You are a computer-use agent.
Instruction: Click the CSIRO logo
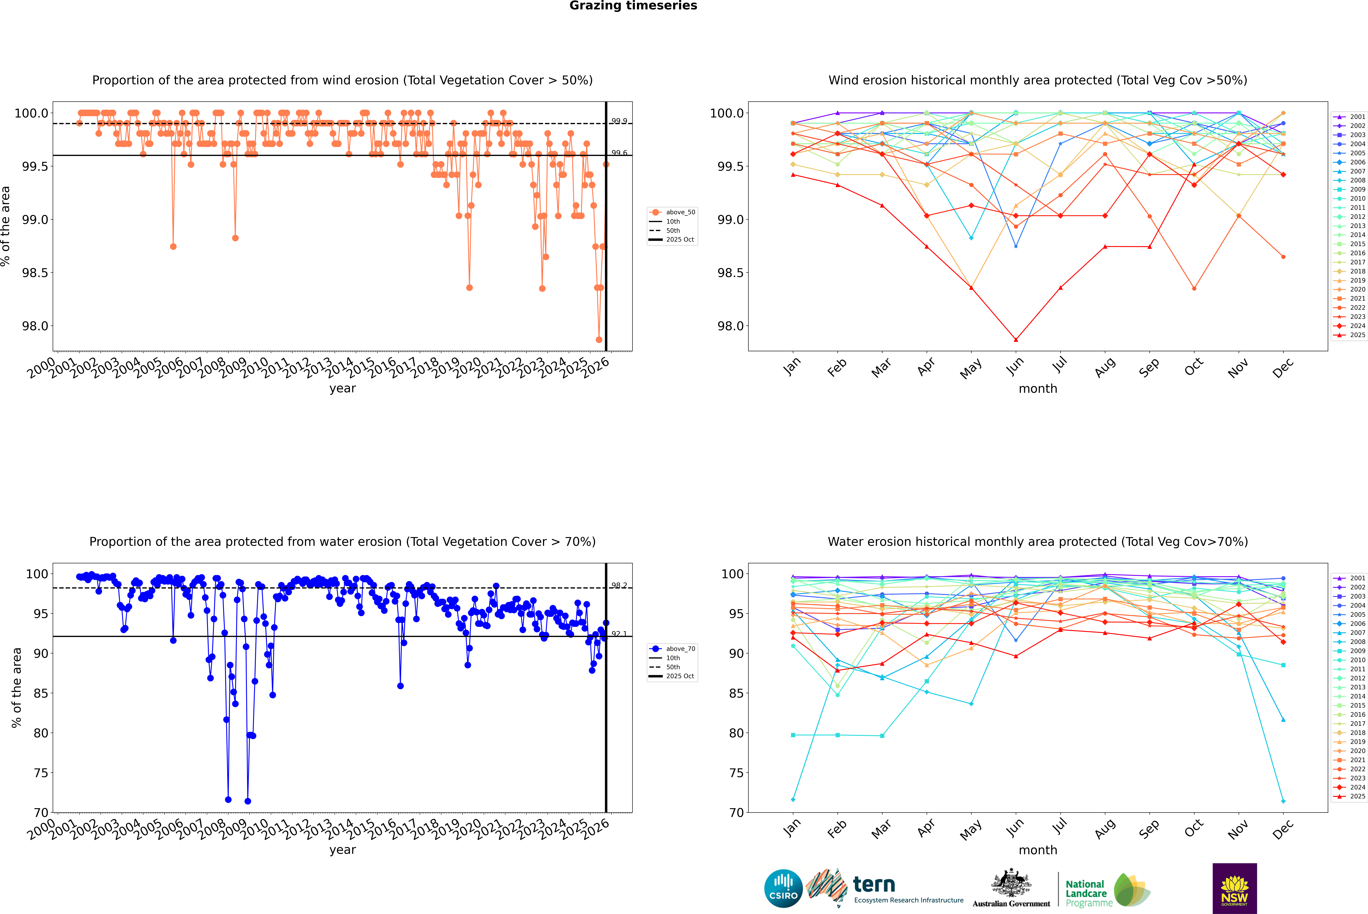point(783,888)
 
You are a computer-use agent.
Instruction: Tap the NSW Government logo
point(1234,888)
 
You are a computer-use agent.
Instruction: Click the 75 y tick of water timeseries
point(41,773)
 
